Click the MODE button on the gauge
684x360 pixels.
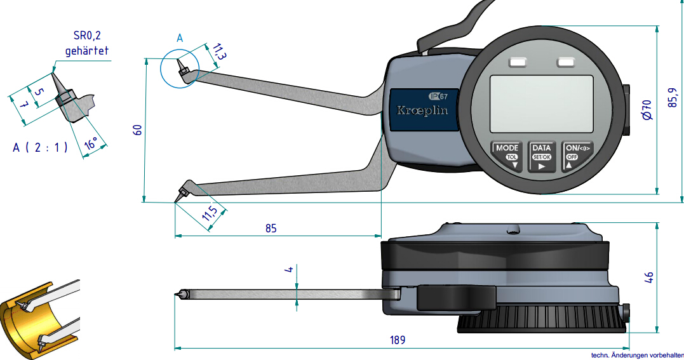507,156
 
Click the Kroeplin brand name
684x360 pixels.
422,110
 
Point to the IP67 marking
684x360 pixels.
438,96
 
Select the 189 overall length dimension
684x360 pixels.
397,340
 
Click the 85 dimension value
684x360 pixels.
271,228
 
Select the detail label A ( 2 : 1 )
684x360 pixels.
40,147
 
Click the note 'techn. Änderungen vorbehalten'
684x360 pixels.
636,356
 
